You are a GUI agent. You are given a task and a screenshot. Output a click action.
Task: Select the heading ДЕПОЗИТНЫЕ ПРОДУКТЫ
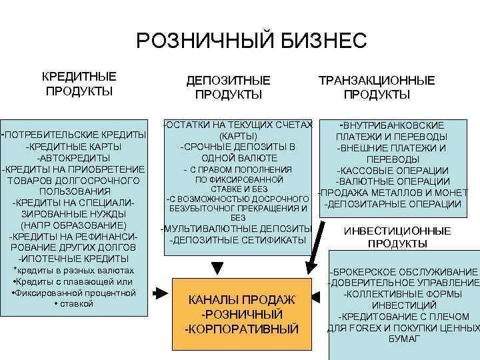coord(228,87)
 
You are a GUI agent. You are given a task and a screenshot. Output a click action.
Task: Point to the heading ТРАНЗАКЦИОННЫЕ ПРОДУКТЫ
coord(377,87)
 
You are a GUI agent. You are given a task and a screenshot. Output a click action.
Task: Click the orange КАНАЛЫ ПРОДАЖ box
coord(243,313)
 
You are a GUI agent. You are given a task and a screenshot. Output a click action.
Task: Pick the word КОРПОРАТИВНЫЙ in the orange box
coord(243,329)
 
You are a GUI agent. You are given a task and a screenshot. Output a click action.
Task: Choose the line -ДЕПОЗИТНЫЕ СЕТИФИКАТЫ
coord(237,240)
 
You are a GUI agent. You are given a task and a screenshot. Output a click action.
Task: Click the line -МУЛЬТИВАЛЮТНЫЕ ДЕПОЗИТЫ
coord(237,229)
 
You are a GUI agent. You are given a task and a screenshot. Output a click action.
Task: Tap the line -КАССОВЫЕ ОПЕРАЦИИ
coord(393,171)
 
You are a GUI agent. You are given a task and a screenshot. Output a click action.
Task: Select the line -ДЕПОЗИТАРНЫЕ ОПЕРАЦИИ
coord(392,204)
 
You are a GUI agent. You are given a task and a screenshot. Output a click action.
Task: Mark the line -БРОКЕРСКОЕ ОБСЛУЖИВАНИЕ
coord(403,272)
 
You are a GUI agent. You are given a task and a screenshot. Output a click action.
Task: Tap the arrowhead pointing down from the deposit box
coord(215,267)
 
